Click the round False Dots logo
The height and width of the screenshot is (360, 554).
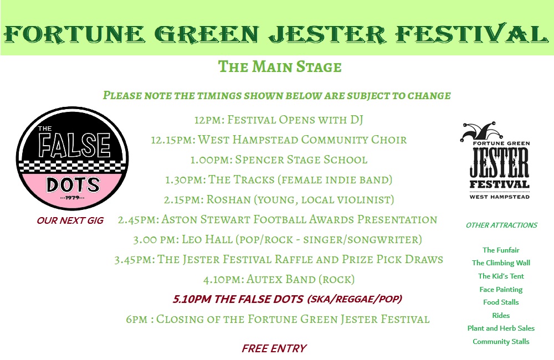pos(73,158)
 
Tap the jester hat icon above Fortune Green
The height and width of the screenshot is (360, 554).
pos(481,131)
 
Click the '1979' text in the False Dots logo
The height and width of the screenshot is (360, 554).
pos(73,198)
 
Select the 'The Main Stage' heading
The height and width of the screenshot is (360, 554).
pos(280,67)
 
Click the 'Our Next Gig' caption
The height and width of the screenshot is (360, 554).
pos(70,220)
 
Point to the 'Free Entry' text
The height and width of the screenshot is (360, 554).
pos(274,348)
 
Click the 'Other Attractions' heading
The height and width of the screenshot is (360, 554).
pos(501,225)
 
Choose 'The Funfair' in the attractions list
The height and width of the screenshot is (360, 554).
pos(501,250)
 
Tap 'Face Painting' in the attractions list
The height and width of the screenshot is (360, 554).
pos(501,289)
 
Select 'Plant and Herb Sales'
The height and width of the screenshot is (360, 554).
pos(501,328)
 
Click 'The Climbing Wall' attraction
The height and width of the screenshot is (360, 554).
pos(501,263)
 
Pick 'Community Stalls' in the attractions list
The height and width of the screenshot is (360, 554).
pos(501,342)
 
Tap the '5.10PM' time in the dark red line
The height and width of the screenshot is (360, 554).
pos(192,299)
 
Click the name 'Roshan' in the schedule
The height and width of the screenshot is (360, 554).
pos(229,199)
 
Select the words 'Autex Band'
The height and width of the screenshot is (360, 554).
pos(281,280)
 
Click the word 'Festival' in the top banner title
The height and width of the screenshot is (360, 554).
pos(471,34)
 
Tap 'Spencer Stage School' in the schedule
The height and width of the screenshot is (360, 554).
pos(301,160)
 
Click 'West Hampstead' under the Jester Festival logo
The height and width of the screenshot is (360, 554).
pos(500,197)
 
